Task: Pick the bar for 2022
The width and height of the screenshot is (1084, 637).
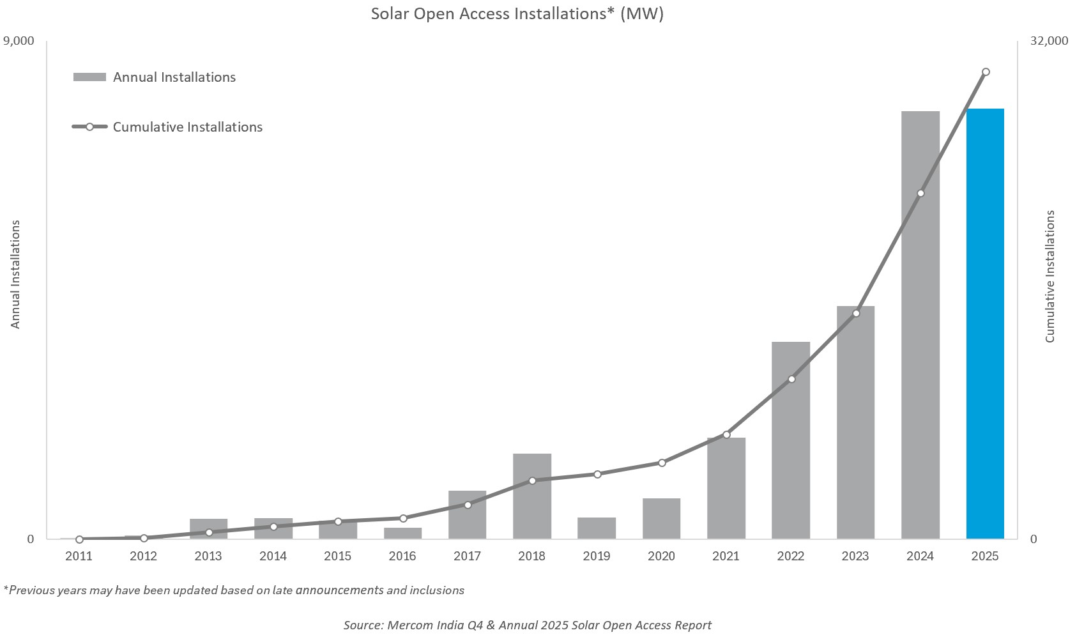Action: [790, 440]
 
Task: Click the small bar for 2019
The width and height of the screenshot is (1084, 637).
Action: [596, 528]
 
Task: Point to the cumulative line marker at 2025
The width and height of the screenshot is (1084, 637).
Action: [985, 72]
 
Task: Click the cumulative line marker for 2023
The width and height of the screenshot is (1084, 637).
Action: [856, 313]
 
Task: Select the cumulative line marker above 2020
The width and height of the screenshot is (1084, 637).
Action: [662, 463]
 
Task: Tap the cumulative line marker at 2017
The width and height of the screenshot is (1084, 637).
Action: [468, 505]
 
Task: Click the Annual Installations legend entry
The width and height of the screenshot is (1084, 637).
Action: [174, 77]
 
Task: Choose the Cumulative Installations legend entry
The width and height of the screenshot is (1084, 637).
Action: [187, 127]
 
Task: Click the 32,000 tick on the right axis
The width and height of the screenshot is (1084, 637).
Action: [1048, 41]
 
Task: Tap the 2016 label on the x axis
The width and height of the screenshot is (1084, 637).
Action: [402, 556]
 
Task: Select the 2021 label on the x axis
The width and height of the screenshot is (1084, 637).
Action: [726, 556]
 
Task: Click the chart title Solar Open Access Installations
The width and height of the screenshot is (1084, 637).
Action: [517, 14]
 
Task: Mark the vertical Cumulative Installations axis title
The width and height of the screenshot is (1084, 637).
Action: [1050, 276]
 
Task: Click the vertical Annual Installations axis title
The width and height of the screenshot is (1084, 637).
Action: [16, 275]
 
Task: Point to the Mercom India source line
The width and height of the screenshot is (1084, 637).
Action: [527, 625]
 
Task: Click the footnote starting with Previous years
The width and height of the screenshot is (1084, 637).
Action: [234, 590]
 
